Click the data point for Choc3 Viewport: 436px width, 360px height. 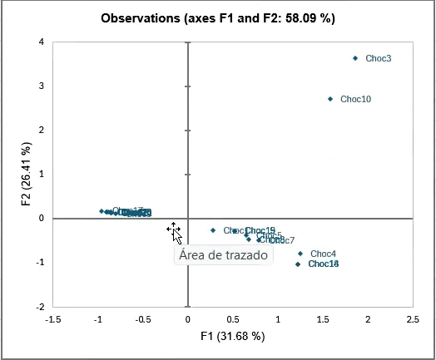click(x=355, y=58)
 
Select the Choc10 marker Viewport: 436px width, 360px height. click(x=330, y=99)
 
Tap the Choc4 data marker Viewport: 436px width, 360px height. click(x=300, y=254)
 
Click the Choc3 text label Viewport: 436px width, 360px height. click(x=378, y=58)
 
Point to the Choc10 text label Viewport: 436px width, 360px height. click(x=355, y=99)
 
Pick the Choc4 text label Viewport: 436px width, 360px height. click(x=323, y=254)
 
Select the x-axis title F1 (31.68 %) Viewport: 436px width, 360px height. click(x=233, y=336)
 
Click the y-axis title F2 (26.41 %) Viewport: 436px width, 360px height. click(x=26, y=174)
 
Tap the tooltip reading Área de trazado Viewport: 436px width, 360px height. click(x=224, y=255)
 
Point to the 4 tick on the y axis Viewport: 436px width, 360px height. click(x=41, y=42)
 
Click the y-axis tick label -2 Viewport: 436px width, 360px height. click(x=39, y=306)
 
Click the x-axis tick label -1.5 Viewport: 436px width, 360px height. click(x=53, y=319)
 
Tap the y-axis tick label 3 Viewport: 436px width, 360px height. click(x=41, y=86)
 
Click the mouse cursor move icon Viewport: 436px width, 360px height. click(x=173, y=229)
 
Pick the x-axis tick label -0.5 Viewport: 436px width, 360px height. click(x=143, y=319)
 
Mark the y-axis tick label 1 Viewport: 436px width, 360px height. click(x=41, y=174)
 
